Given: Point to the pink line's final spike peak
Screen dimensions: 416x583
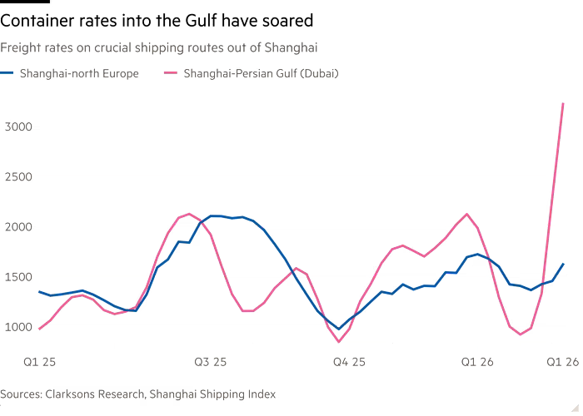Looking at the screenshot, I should pyautogui.click(x=564, y=103).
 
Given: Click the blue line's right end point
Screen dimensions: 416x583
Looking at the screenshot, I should pyautogui.click(x=564, y=264).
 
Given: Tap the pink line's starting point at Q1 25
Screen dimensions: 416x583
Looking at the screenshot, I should pyautogui.click(x=40, y=329).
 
